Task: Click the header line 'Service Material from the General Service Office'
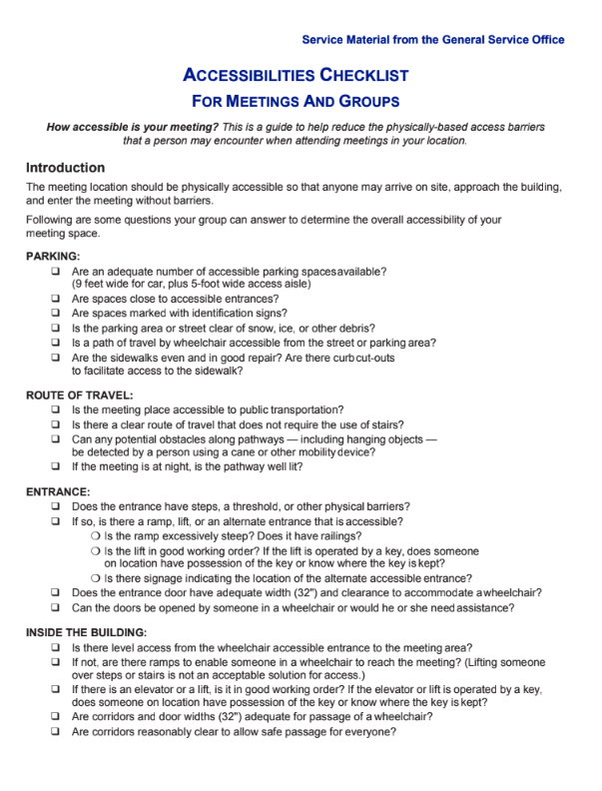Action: click(432, 40)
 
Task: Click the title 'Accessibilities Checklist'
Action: click(296, 76)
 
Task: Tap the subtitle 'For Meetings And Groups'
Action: click(296, 102)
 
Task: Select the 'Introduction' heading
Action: click(65, 168)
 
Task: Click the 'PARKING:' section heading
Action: click(53, 257)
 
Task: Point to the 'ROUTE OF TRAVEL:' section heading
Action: click(79, 395)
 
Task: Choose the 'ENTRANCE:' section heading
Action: click(58, 492)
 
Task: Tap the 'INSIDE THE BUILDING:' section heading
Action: click(86, 632)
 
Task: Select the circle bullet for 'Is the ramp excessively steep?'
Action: click(95, 536)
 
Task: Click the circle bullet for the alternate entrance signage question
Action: click(95, 578)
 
